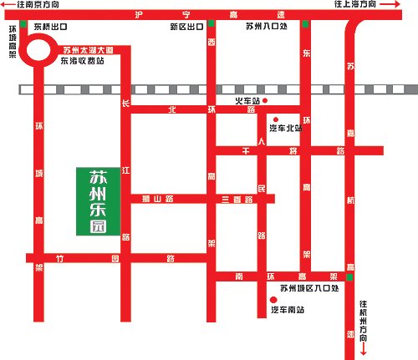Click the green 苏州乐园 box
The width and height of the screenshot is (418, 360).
pos(99,200)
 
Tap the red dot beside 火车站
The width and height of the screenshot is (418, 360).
pos(265,101)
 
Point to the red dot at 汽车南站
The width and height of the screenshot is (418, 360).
pos(273,299)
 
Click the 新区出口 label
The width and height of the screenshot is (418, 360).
pos(185,27)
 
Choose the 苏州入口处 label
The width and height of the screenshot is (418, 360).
pos(267,27)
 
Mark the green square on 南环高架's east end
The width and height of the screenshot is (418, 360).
pos(350,276)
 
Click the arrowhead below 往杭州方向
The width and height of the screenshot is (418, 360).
pos(364,352)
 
